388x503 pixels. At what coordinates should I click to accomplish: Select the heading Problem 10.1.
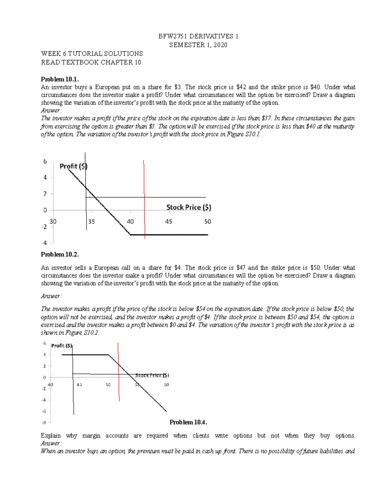(x=60, y=79)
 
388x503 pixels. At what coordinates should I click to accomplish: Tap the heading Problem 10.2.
(x=60, y=254)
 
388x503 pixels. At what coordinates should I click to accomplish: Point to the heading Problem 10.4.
(x=188, y=422)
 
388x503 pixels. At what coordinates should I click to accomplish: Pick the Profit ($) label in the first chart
(x=73, y=166)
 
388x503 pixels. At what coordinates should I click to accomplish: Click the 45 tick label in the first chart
(x=168, y=222)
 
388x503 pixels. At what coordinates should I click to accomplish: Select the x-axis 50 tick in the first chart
(x=207, y=222)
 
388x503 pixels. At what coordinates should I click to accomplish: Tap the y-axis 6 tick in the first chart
(x=45, y=161)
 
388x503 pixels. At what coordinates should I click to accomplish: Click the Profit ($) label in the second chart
(x=62, y=346)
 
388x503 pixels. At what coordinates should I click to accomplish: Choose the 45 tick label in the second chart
(x=79, y=385)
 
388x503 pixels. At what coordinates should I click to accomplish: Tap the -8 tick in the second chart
(x=44, y=423)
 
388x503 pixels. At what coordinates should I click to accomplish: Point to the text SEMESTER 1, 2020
(x=198, y=45)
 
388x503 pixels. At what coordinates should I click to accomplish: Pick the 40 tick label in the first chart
(x=130, y=222)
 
